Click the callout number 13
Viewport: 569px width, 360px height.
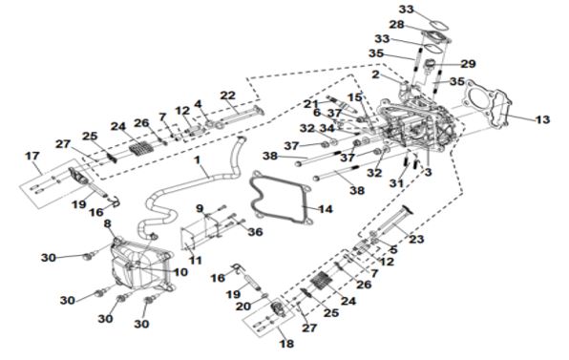(x=543, y=119)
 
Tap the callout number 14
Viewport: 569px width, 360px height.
(x=326, y=209)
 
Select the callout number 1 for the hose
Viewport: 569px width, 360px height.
(x=197, y=160)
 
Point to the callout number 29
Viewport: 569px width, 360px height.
(x=468, y=64)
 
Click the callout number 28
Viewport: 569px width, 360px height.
(x=396, y=25)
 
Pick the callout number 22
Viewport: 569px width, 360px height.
(x=228, y=95)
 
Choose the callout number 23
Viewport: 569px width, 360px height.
(x=416, y=239)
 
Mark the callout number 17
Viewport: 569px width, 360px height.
(x=32, y=156)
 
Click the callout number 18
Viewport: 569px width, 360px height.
(x=286, y=344)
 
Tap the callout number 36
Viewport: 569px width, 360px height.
(x=255, y=232)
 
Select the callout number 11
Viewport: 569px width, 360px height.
(x=196, y=260)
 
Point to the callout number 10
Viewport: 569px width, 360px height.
(x=180, y=272)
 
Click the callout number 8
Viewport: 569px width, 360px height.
(x=108, y=223)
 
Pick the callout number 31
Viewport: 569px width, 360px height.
(x=396, y=183)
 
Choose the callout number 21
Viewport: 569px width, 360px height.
(x=311, y=104)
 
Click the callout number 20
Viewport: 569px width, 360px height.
(x=243, y=307)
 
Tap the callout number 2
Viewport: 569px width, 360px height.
(x=375, y=75)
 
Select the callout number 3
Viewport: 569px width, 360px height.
(x=429, y=172)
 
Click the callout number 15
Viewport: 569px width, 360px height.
(x=355, y=97)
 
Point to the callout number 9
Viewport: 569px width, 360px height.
(x=200, y=209)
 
